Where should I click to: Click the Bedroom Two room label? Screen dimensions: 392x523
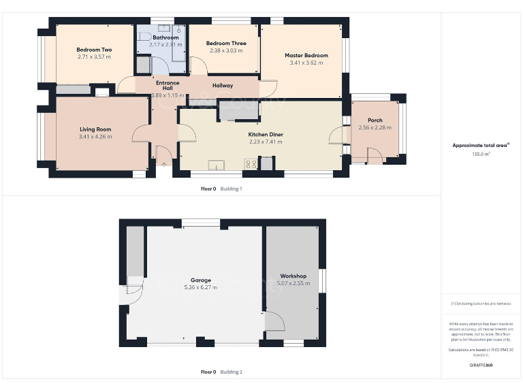(x=94, y=50)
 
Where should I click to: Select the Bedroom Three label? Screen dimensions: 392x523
(x=227, y=44)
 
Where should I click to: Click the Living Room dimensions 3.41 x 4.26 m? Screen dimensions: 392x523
(x=95, y=137)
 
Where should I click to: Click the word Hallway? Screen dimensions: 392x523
(x=223, y=86)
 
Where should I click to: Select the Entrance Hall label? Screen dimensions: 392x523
(x=168, y=86)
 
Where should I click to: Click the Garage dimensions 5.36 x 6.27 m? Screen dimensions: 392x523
(x=200, y=288)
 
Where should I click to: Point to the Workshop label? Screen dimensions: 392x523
(x=292, y=276)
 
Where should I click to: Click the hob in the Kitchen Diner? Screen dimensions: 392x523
(x=250, y=163)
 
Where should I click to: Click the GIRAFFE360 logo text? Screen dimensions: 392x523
(x=481, y=365)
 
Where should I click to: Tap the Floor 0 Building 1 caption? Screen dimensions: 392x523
(x=221, y=189)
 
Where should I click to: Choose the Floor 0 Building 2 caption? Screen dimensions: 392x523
(x=221, y=372)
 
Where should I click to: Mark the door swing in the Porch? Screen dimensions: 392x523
(x=374, y=156)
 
